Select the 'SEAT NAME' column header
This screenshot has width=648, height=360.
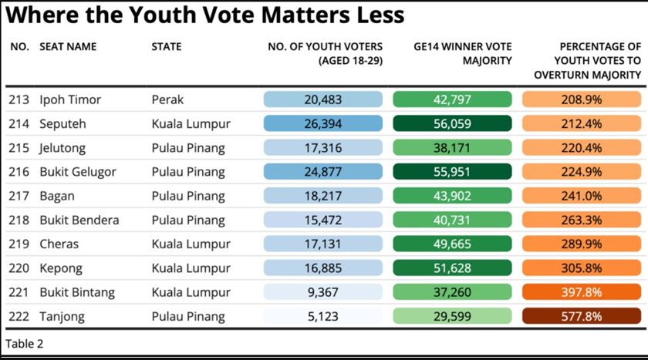(68, 47)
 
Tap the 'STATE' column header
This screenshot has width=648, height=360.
(167, 47)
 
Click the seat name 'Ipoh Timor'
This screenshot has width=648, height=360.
(70, 99)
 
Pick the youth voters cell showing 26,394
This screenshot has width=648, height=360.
(322, 123)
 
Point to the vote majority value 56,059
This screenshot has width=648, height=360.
(451, 123)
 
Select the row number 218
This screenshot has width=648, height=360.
(19, 220)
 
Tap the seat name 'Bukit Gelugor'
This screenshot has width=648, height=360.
(78, 172)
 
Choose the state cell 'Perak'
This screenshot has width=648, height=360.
(167, 99)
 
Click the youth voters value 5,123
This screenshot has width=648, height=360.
(322, 316)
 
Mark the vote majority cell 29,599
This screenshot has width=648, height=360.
(451, 316)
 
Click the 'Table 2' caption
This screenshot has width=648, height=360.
(25, 344)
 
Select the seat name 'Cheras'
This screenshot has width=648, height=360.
(59, 244)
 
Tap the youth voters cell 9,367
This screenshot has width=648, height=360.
(322, 292)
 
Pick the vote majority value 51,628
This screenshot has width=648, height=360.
(451, 268)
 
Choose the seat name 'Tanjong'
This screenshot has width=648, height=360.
(62, 316)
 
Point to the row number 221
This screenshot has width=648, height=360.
(19, 292)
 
